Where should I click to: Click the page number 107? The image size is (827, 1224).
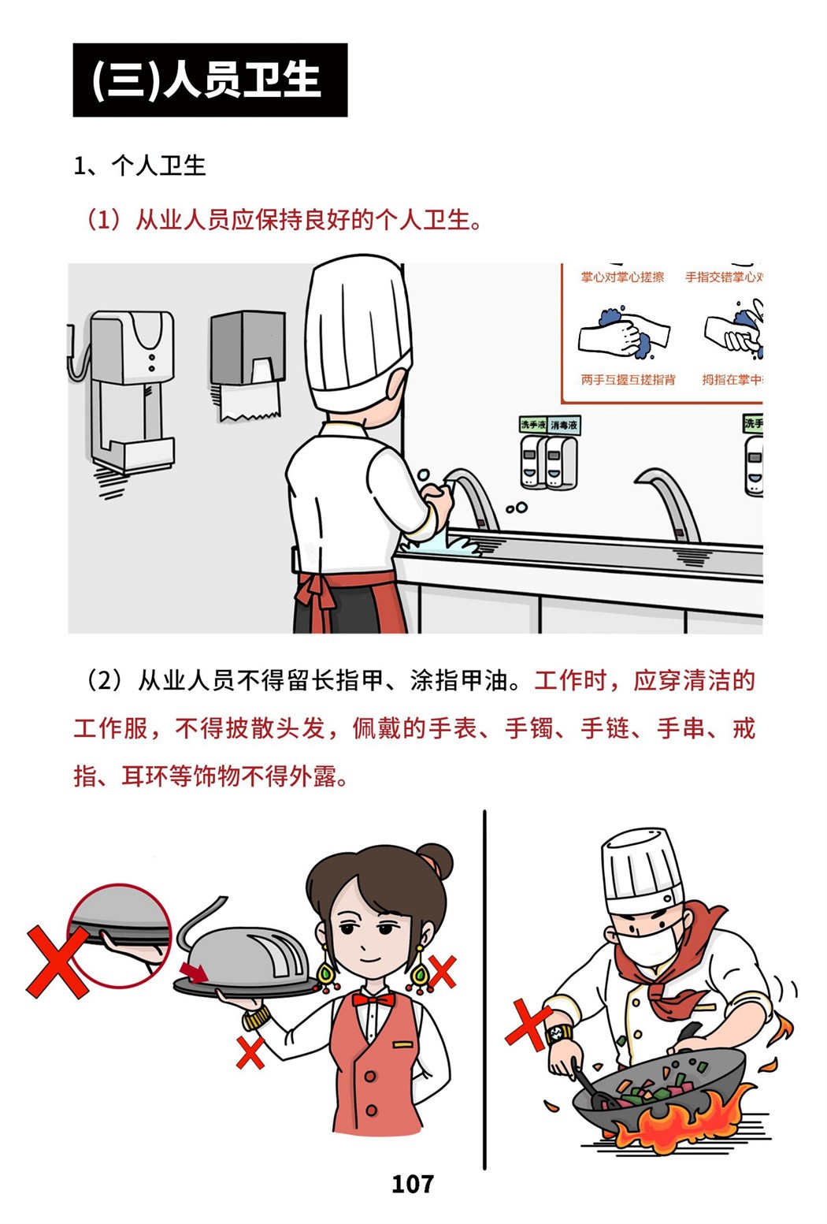click(413, 1184)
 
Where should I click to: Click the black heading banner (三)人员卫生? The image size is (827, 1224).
click(210, 80)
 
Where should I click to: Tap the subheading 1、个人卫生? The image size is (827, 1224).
click(140, 166)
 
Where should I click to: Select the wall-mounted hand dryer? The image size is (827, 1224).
click(131, 391)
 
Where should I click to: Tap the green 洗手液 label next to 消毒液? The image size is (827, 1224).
click(532, 424)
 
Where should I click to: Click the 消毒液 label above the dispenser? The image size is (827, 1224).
click(564, 425)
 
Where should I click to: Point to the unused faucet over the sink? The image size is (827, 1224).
click(669, 503)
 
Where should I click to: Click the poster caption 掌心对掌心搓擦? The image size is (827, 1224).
click(622, 277)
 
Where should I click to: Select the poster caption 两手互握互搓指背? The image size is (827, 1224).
click(628, 379)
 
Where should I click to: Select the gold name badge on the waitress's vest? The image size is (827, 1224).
click(403, 1044)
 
